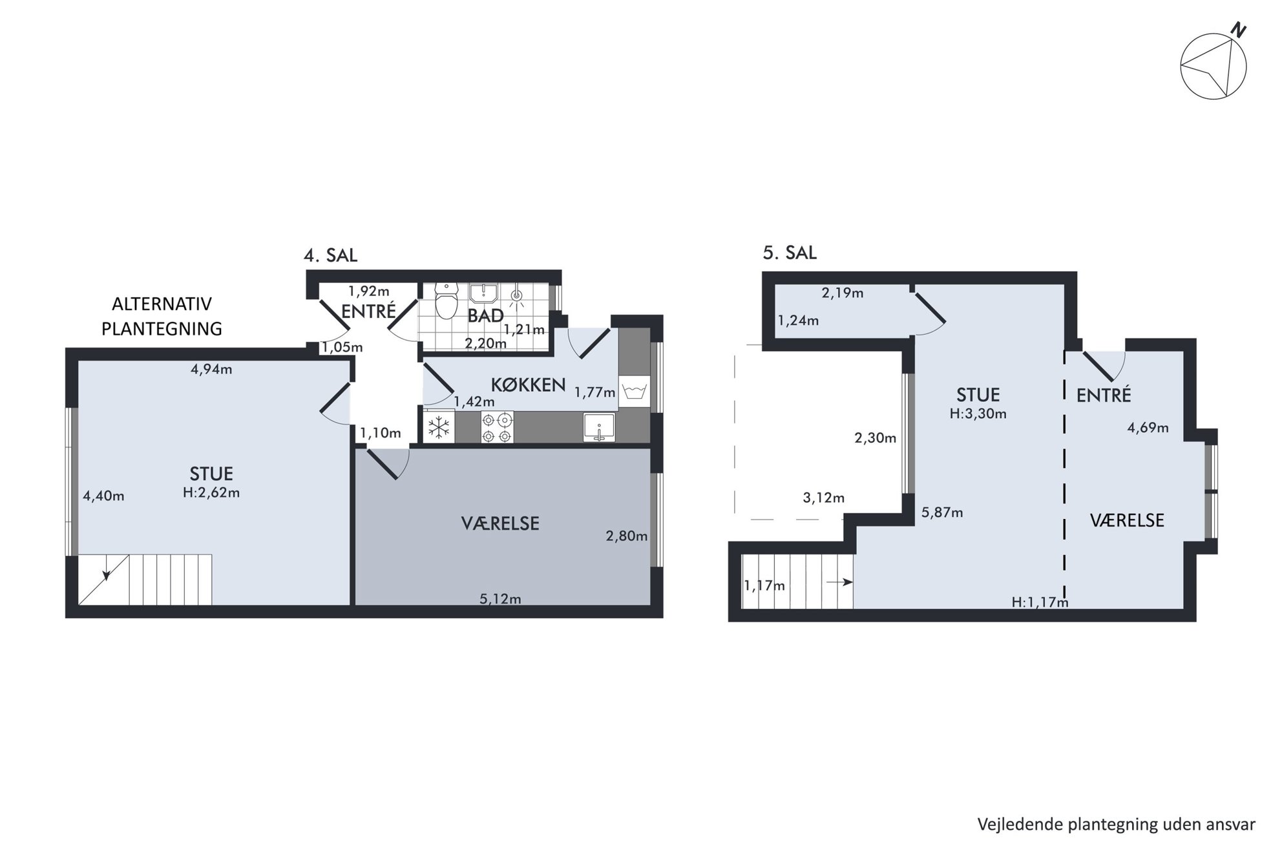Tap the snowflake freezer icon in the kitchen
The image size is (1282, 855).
439,427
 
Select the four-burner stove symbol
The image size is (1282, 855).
497,427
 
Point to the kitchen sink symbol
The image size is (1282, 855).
599,427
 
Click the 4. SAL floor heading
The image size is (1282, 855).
330,255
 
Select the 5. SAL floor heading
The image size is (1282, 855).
790,253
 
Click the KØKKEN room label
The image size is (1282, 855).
528,385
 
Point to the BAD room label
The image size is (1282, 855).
485,315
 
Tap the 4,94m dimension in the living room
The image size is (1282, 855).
211,370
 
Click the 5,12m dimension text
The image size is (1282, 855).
500,599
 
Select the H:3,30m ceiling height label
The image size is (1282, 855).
978,414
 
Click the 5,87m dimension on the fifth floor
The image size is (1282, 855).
942,513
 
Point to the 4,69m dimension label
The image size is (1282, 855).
1148,428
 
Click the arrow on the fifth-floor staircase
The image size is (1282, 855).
839,582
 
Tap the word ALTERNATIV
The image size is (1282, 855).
162,304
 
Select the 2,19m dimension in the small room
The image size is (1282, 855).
843,293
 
